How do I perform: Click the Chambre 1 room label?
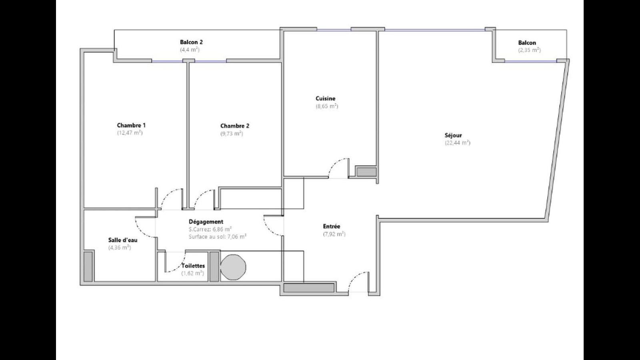pyautogui.click(x=131, y=126)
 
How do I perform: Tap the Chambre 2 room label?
pyautogui.click(x=234, y=126)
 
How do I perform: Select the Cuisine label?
pyautogui.click(x=326, y=98)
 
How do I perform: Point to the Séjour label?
pyautogui.click(x=453, y=136)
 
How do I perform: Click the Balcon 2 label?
pyautogui.click(x=191, y=42)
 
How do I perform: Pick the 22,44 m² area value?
pyautogui.click(x=458, y=143)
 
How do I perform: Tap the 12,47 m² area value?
pyautogui.click(x=130, y=133)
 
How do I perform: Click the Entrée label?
pyautogui.click(x=332, y=226)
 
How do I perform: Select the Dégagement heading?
pyautogui.click(x=206, y=222)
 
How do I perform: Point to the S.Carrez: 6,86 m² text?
pyautogui.click(x=210, y=229)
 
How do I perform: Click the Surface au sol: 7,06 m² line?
pyautogui.click(x=218, y=236)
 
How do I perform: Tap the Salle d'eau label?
pyautogui.click(x=123, y=240)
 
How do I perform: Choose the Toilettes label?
pyautogui.click(x=193, y=266)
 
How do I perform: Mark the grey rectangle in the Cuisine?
pyautogui.click(x=366, y=172)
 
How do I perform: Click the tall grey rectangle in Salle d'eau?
pyautogui.click(x=88, y=266)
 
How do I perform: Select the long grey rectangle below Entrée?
pyautogui.click(x=309, y=288)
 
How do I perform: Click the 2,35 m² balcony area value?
pyautogui.click(x=530, y=50)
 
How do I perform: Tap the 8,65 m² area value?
pyautogui.click(x=327, y=106)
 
